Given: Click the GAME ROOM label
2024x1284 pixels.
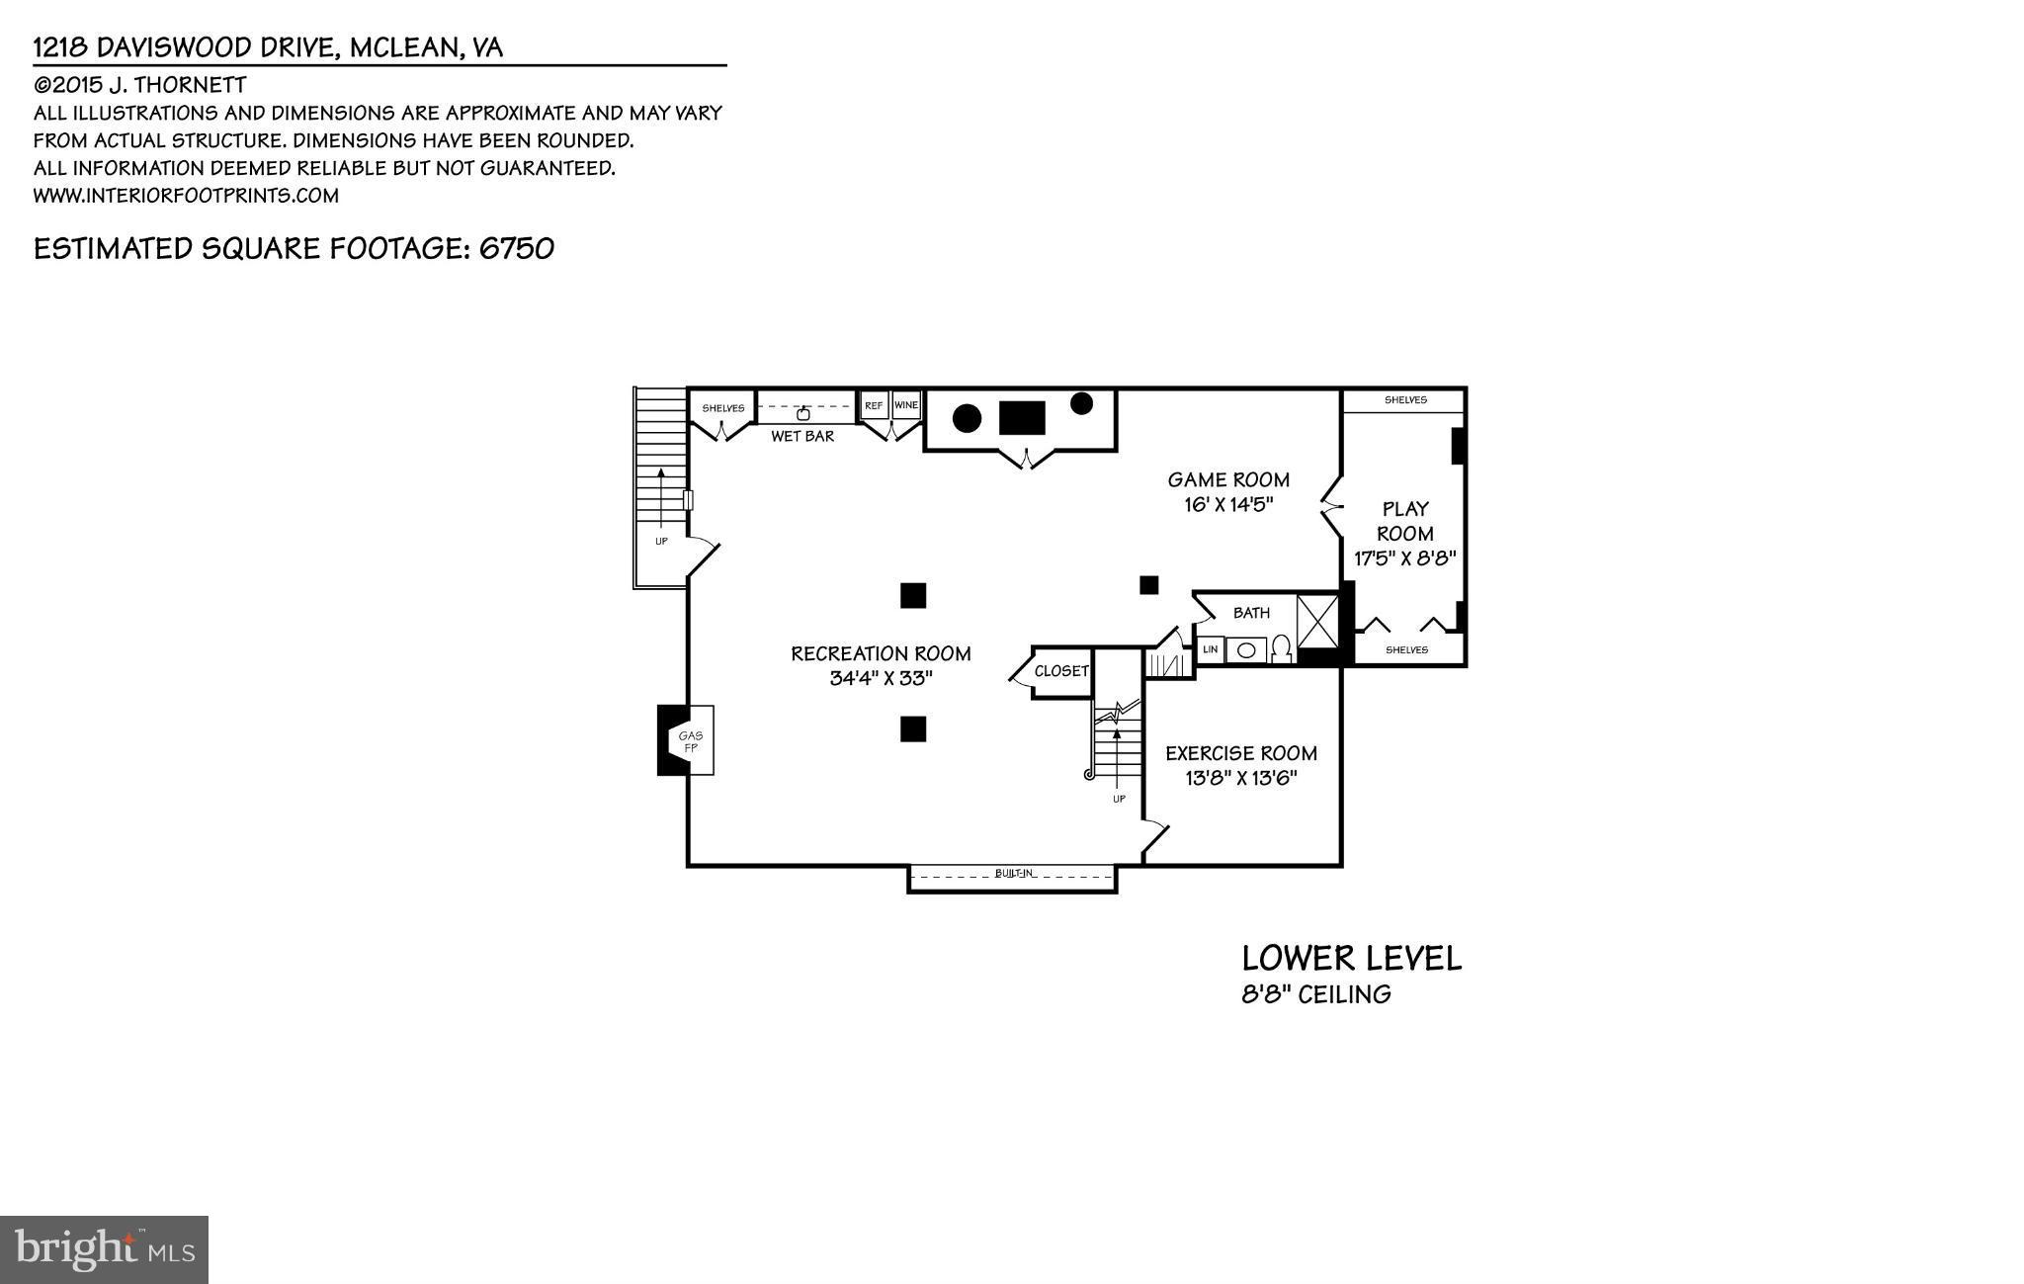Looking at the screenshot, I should point(1228,480).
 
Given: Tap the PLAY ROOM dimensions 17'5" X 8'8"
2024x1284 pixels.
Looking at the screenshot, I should point(1404,558).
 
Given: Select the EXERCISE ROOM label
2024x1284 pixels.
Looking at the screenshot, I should point(1240,753).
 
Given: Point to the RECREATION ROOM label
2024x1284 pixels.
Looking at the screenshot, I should point(881,653).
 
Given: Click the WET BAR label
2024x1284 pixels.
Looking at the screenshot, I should point(802,436).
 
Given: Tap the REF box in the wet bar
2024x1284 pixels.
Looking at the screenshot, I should point(874,405).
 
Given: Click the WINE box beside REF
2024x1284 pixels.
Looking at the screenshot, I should point(905,405).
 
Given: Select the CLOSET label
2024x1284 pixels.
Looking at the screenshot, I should point(1061,671).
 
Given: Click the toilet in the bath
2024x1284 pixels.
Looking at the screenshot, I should point(1281,648).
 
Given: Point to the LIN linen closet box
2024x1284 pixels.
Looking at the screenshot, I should point(1210,649).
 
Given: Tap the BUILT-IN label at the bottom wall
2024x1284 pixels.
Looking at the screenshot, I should point(1014,874).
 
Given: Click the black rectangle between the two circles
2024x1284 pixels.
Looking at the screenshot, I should point(1022,418).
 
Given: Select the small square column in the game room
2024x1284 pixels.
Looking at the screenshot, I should point(1148,585).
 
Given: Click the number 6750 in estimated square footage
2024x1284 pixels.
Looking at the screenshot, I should point(516,248).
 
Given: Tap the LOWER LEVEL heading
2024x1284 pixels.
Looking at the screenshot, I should point(1351,958).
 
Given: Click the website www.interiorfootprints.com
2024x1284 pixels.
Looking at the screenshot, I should point(186,196).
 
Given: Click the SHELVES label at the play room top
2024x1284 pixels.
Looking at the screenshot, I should point(1404,400).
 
